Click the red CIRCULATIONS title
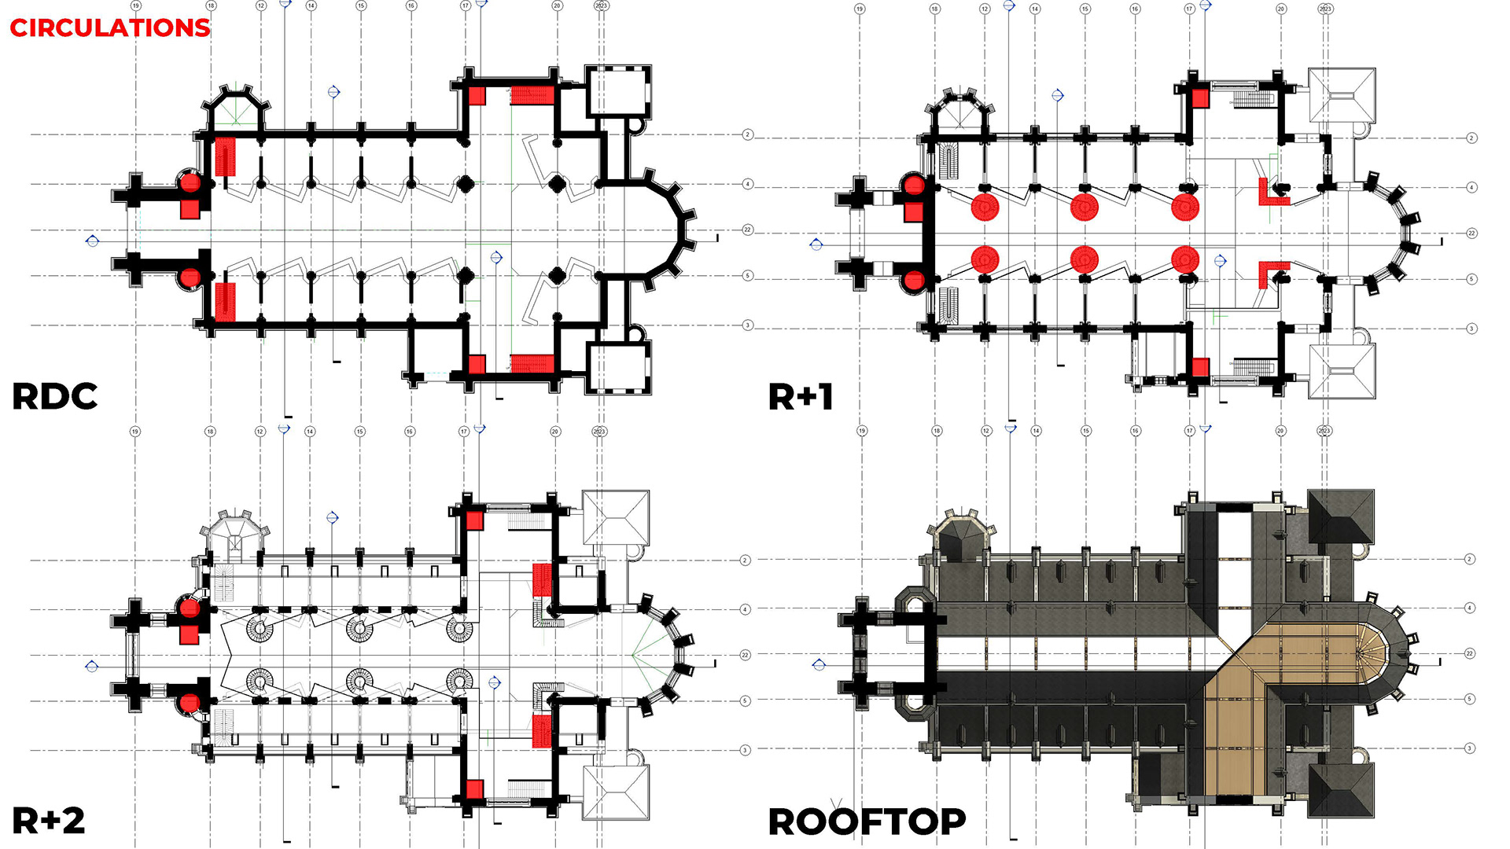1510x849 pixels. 109,28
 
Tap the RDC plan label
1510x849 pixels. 54,396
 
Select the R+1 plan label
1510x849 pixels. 800,397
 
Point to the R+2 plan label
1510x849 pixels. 48,821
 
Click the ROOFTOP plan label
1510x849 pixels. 867,822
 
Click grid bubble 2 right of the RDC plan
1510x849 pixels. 748,135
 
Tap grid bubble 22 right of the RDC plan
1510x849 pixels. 748,230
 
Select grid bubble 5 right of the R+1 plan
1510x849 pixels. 1471,279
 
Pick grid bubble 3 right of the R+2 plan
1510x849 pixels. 746,750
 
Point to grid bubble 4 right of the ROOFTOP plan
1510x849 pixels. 1469,608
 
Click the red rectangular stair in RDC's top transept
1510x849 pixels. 532,96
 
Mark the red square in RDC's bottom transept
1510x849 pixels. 477,364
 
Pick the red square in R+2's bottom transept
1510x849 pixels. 474,789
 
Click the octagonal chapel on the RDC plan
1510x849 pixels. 236,110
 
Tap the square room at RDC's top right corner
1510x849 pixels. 619,91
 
